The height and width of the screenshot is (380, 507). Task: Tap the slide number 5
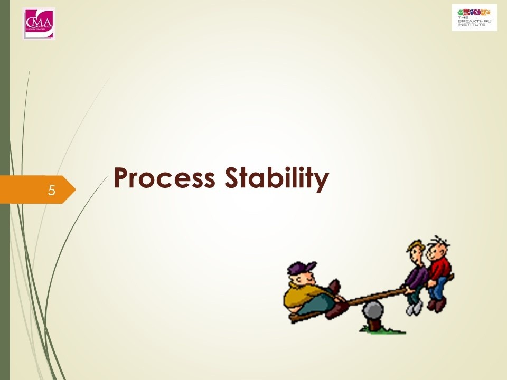(51, 189)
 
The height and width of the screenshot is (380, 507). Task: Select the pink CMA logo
(39, 23)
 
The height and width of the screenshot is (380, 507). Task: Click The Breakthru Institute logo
(474, 17)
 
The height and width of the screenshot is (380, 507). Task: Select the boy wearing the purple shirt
(417, 277)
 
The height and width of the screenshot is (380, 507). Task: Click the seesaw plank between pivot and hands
(380, 295)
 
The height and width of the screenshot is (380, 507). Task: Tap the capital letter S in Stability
(234, 179)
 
